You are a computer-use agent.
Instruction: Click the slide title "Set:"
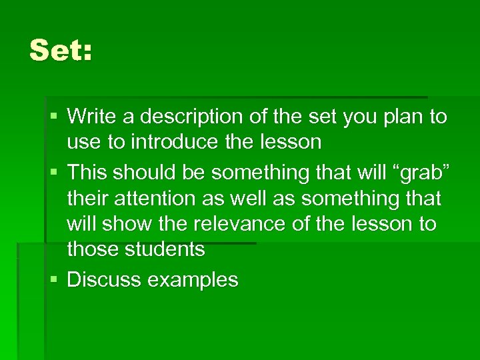coord(61,51)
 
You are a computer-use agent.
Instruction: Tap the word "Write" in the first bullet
coord(91,117)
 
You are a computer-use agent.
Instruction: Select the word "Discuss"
coord(104,279)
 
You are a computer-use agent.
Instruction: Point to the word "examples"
coord(193,280)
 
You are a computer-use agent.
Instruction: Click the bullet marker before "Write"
coord(53,118)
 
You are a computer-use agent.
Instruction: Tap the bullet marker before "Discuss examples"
coord(53,280)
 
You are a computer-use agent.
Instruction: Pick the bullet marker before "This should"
coord(53,173)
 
